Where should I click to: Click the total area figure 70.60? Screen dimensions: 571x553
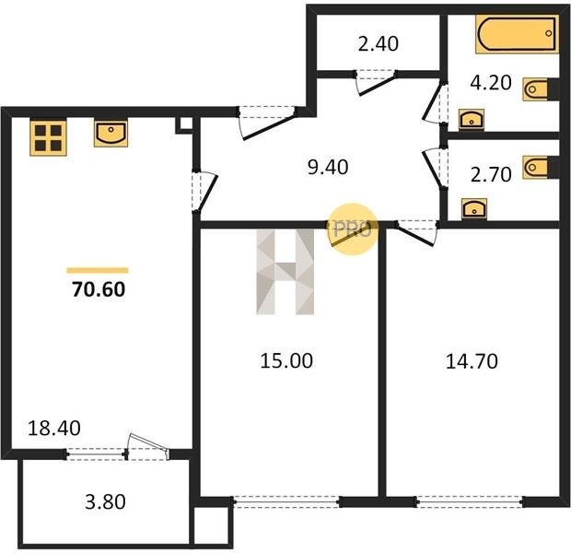tap(99, 289)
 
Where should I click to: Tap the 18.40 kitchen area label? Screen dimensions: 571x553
tap(54, 429)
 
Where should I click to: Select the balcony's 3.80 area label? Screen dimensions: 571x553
tap(105, 501)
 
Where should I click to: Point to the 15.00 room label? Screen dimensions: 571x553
tap(286, 361)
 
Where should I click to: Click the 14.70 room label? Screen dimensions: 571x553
tap(472, 361)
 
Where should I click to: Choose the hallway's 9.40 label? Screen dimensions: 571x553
tap(328, 168)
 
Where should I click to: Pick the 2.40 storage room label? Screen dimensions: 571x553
tap(379, 43)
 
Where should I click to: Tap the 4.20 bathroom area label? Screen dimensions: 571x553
tap(491, 82)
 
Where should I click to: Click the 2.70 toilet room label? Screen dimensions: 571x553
tap(491, 174)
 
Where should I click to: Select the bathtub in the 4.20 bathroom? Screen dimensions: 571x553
tap(517, 34)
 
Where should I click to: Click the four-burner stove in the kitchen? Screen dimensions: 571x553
tap(48, 138)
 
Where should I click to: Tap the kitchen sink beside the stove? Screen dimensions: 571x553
tap(111, 133)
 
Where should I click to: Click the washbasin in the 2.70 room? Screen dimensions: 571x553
tap(474, 209)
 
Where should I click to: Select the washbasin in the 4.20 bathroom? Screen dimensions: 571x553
tap(472, 119)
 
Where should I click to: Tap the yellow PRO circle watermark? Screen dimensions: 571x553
tap(353, 229)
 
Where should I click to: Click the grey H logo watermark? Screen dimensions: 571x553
tap(285, 272)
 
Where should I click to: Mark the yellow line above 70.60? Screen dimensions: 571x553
tap(98, 270)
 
